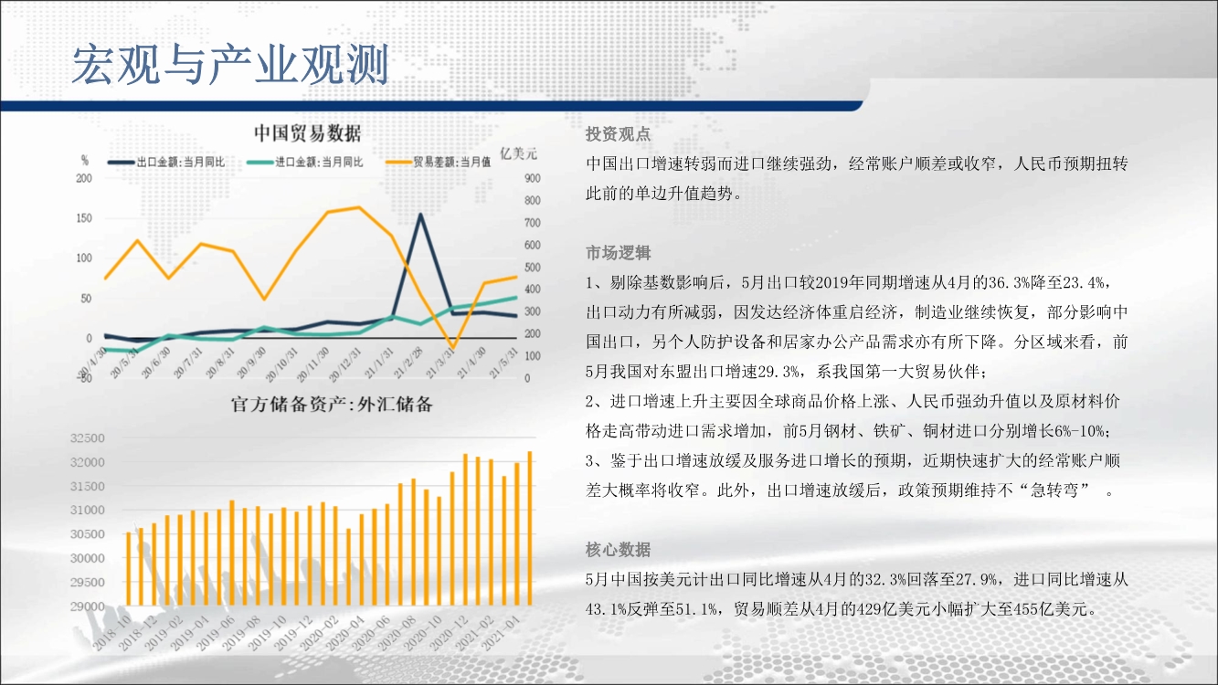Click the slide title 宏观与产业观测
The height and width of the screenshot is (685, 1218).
click(x=230, y=65)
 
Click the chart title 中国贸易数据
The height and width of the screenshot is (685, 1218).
click(x=308, y=133)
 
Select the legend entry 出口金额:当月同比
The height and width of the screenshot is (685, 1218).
click(x=166, y=162)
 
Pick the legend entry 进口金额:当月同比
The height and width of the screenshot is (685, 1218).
click(x=305, y=162)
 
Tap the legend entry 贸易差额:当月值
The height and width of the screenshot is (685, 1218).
click(x=439, y=162)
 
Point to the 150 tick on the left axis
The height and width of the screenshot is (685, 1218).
click(x=84, y=218)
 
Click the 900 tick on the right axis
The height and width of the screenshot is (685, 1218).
click(x=533, y=178)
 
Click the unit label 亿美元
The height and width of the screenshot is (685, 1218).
click(x=518, y=153)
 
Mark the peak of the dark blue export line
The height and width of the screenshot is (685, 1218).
click(x=420, y=215)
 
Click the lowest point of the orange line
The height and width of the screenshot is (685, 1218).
click(x=453, y=347)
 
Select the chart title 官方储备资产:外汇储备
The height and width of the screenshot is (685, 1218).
click(x=332, y=404)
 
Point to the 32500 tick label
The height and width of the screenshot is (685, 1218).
click(x=87, y=438)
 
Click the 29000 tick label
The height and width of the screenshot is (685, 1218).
click(x=87, y=606)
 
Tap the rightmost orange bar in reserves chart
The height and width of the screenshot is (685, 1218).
click(x=530, y=529)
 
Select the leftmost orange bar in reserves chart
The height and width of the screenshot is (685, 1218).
click(x=128, y=569)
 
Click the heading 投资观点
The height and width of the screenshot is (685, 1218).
click(x=618, y=134)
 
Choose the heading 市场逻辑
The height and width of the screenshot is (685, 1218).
click(x=618, y=253)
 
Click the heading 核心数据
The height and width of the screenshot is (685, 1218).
click(x=618, y=550)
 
